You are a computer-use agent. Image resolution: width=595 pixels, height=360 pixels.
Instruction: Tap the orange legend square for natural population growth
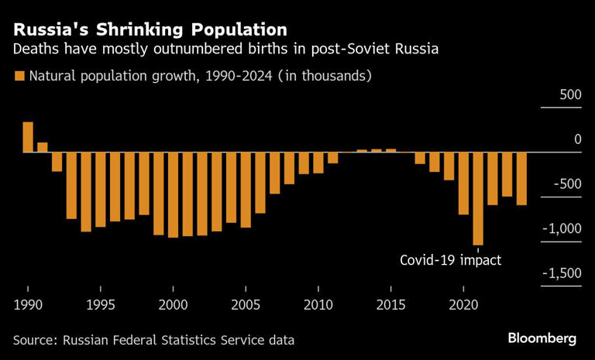[x=19, y=76]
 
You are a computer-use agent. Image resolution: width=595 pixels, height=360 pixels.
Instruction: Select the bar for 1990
[x=28, y=137]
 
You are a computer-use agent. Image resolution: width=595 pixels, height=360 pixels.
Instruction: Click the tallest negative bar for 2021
[x=478, y=198]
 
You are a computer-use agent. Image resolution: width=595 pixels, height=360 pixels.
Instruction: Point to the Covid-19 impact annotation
[x=450, y=260]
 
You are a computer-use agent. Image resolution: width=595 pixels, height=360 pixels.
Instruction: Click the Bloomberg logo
[x=542, y=338]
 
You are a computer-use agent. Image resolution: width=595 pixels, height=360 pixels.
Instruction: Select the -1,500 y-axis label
[x=562, y=273]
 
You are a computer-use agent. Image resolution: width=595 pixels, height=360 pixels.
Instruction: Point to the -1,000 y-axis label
[x=562, y=228]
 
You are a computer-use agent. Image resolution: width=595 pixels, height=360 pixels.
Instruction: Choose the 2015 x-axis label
[x=391, y=303]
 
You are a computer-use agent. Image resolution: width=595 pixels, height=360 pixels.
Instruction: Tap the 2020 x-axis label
[x=463, y=303]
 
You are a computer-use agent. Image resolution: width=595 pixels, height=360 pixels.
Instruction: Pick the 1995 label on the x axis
[x=101, y=303]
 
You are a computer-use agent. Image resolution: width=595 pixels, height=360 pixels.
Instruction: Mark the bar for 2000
[x=173, y=194]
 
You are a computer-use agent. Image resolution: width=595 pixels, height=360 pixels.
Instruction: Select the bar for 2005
[x=246, y=190]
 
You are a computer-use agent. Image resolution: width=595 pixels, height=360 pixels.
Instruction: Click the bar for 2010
[x=318, y=163]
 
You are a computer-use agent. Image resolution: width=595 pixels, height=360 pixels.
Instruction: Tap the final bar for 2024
[x=521, y=178]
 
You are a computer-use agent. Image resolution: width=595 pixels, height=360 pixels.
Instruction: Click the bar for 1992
[x=57, y=161]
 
